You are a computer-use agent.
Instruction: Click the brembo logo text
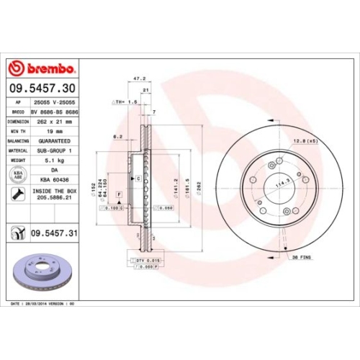coord(48,69)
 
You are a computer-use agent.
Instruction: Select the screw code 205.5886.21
coord(56,199)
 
